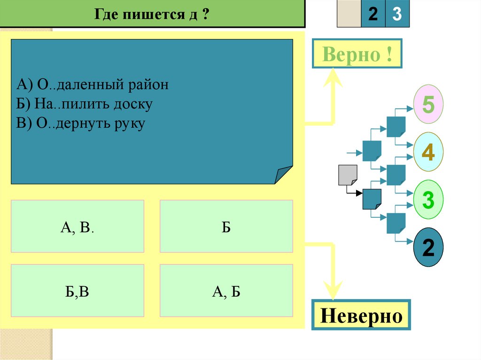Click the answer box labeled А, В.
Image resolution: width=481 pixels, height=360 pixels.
(77, 227)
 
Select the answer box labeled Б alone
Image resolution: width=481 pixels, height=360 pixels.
(226, 227)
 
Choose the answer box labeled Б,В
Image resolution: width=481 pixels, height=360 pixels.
(77, 291)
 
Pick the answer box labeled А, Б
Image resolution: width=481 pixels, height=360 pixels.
(226, 291)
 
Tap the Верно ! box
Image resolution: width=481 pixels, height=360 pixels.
(357, 55)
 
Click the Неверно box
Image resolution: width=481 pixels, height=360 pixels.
(361, 315)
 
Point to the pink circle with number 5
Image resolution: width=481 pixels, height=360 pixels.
(428, 104)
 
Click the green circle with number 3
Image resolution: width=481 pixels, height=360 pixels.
(428, 199)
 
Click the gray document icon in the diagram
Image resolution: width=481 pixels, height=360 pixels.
(348, 175)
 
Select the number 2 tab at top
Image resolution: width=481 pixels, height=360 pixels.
(373, 15)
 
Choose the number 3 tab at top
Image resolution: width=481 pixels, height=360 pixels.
(397, 15)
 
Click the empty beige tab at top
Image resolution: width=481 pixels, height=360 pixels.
(349, 15)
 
